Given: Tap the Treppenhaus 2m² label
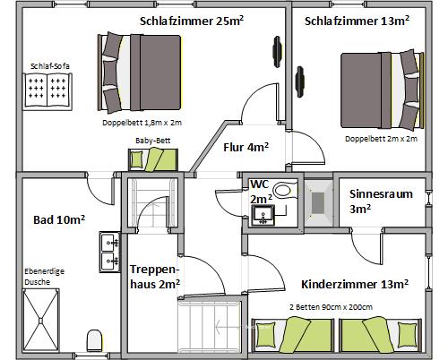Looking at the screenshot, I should coord(155,277).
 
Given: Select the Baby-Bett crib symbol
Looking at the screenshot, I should coord(154,159).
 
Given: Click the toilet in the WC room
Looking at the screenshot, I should coord(284,191).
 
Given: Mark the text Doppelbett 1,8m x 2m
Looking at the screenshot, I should coord(142,122).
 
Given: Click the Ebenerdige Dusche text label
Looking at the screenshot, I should coord(44,276).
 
